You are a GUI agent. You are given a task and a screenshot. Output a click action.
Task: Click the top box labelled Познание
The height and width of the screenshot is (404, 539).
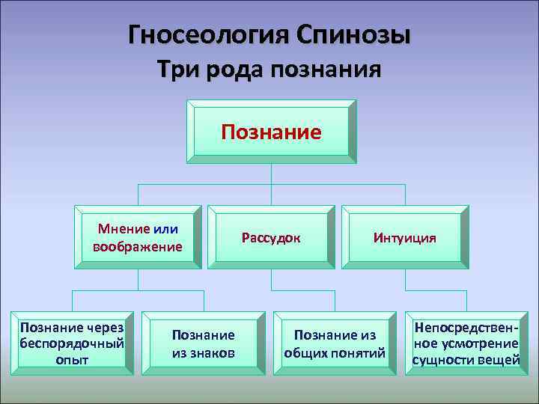pyautogui.click(x=271, y=132)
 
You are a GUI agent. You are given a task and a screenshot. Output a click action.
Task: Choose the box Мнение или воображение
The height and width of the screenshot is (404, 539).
pyautogui.click(x=138, y=237)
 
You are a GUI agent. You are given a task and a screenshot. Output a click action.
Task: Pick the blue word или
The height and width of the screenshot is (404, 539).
pyautogui.click(x=166, y=229)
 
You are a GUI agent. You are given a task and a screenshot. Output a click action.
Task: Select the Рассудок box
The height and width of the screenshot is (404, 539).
pyautogui.click(x=271, y=237)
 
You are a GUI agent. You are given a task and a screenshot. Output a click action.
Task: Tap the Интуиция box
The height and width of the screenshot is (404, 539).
pyautogui.click(x=405, y=237)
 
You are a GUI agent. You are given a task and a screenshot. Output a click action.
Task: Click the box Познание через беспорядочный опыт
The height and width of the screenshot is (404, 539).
pyautogui.click(x=72, y=343)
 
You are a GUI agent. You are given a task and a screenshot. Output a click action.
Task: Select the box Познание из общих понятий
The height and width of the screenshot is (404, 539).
pyautogui.click(x=335, y=343)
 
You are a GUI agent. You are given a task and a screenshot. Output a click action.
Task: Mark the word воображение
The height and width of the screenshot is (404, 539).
pyautogui.click(x=138, y=246)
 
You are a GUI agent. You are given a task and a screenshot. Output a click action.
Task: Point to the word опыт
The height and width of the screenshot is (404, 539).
pyautogui.click(x=72, y=360)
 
